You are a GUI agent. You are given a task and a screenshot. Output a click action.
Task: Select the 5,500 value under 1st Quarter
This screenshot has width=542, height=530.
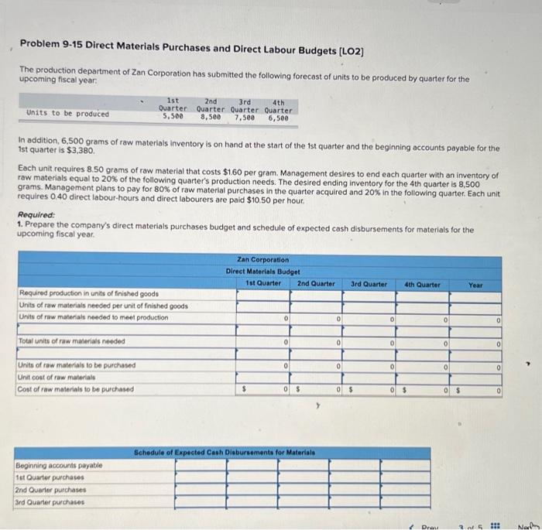[x=173, y=118]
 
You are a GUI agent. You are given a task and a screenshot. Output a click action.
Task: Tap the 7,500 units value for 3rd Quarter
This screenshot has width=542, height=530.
[x=245, y=118]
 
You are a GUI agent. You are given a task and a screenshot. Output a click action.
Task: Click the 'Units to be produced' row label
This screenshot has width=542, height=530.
[x=68, y=114]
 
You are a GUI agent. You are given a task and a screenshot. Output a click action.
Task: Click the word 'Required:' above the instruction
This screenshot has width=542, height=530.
[x=36, y=215]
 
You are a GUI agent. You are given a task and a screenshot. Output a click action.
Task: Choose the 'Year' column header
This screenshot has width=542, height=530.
[x=475, y=285]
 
